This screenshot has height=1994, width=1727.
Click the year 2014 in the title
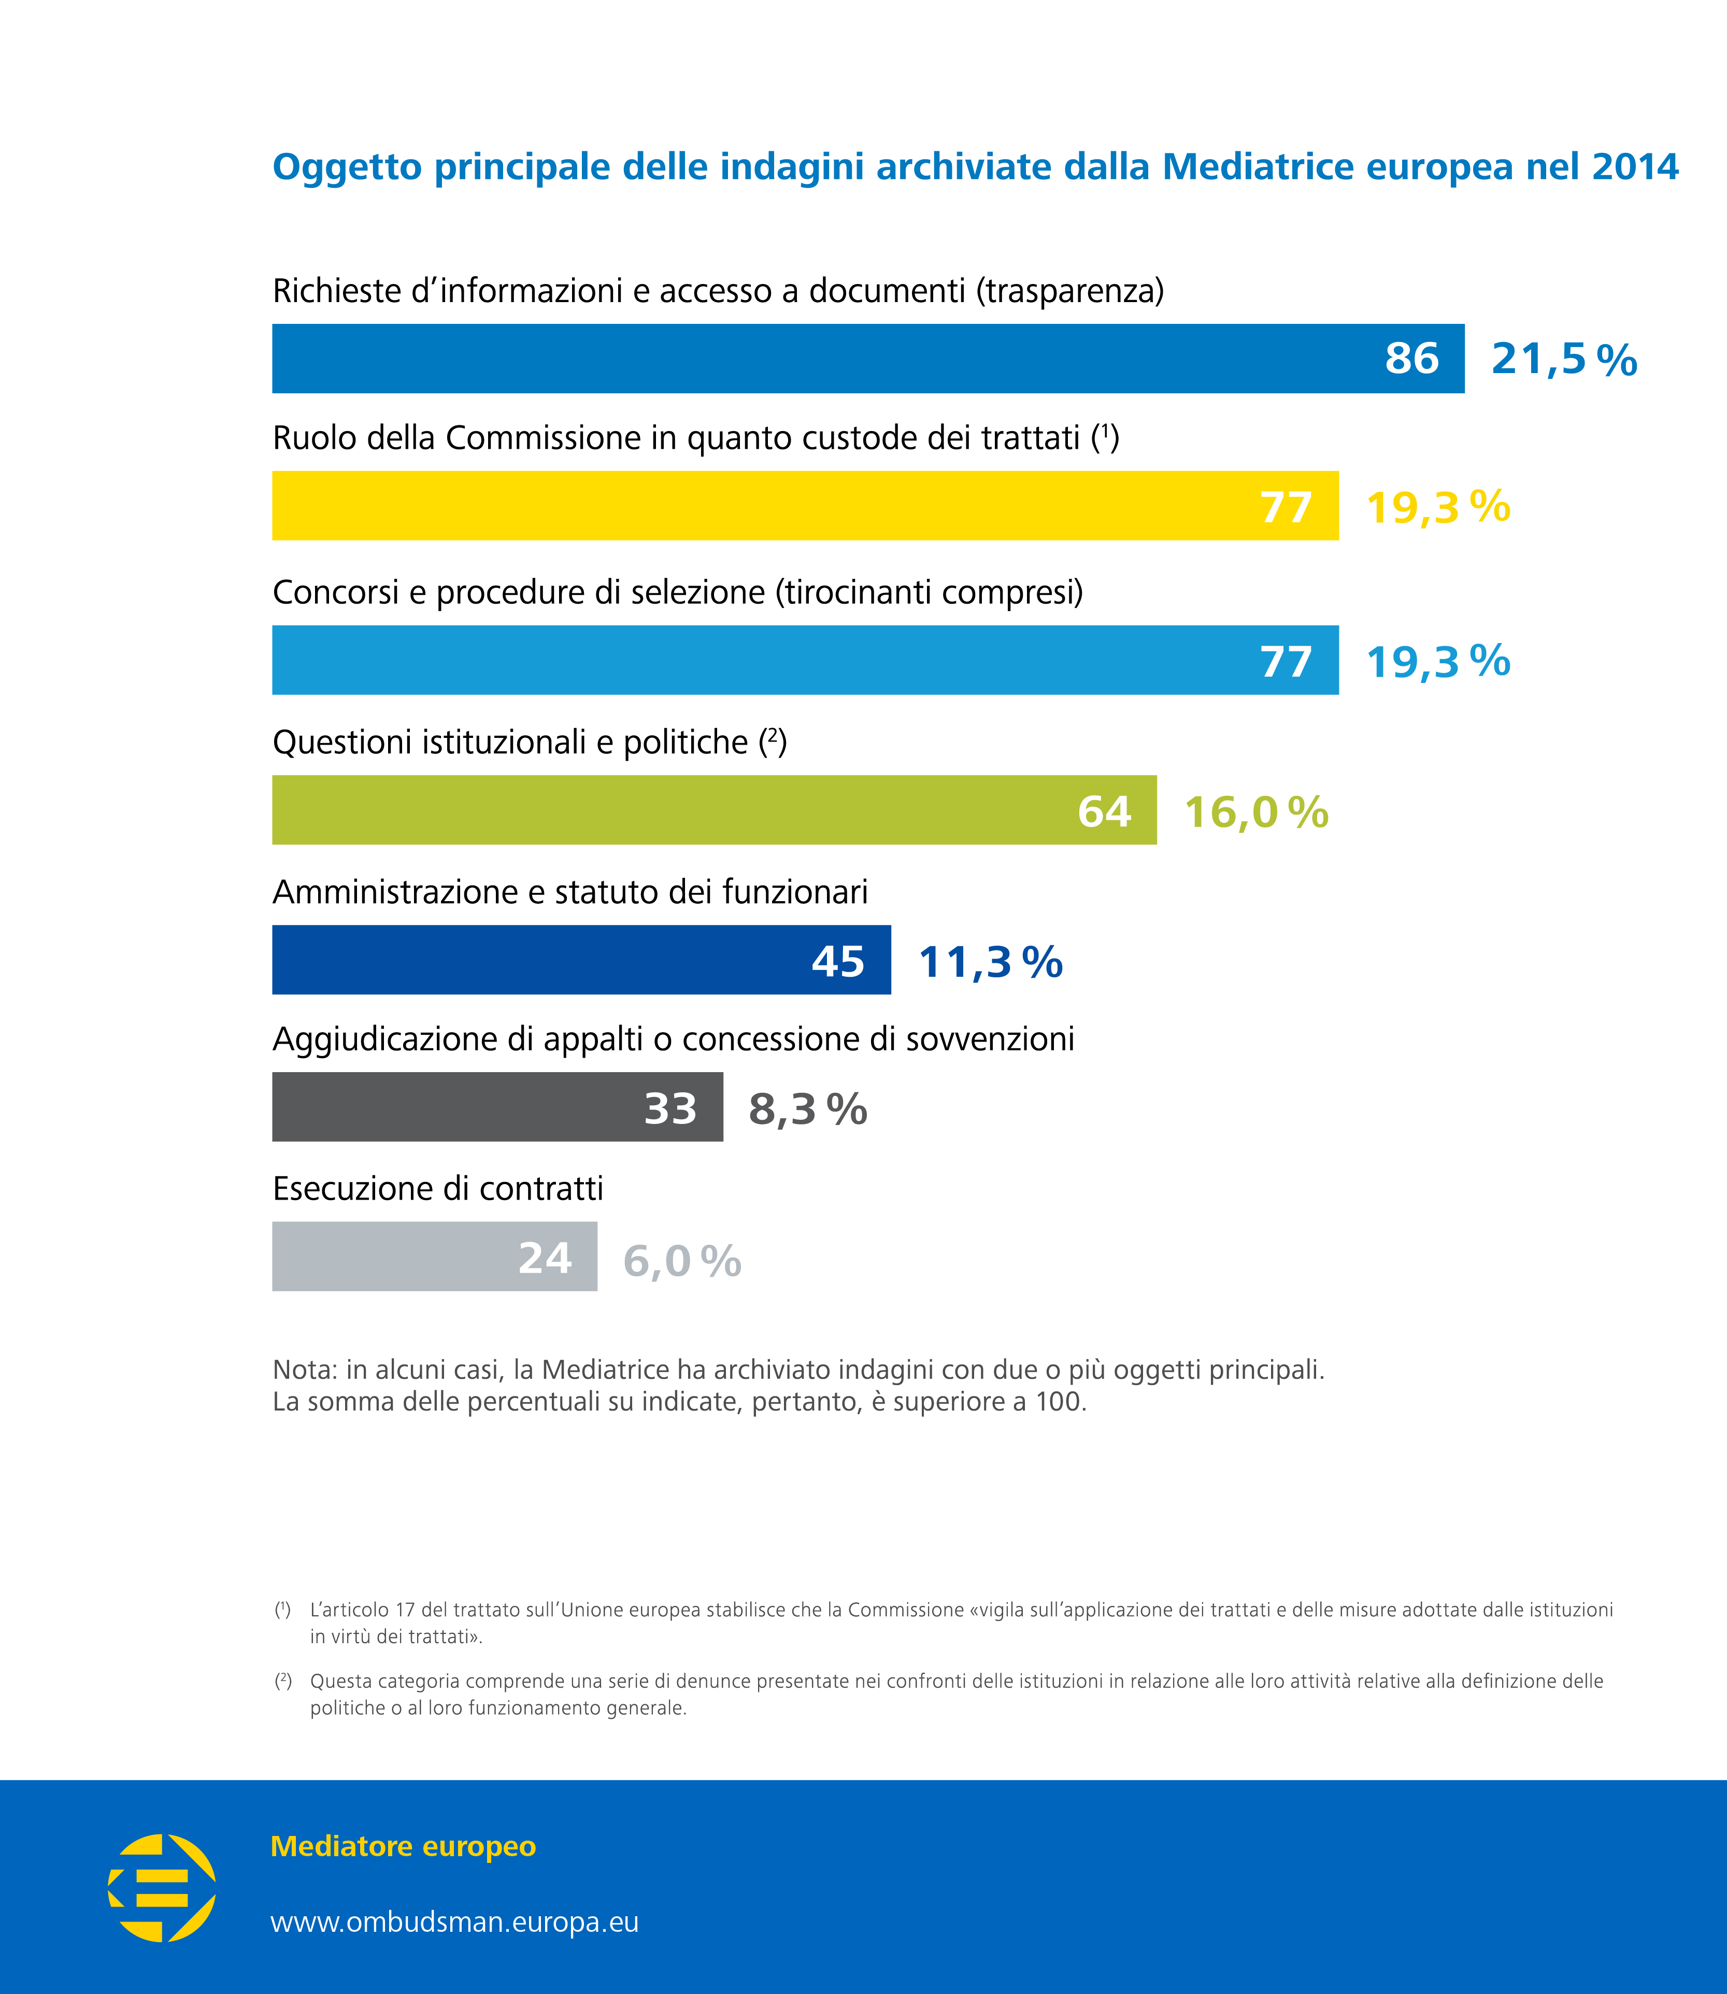pyautogui.click(x=1635, y=167)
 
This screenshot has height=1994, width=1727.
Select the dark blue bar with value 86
pyautogui.click(x=867, y=359)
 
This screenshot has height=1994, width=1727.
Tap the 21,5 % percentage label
pyautogui.click(x=1563, y=360)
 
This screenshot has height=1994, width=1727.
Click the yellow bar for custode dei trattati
pyautogui.click(x=805, y=506)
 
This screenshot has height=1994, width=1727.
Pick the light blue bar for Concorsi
pyautogui.click(x=805, y=660)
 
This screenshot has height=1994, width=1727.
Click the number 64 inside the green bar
pyautogui.click(x=1104, y=811)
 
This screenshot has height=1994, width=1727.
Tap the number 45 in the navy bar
pyautogui.click(x=837, y=961)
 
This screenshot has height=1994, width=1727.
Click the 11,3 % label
pyautogui.click(x=990, y=962)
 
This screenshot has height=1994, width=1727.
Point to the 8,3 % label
pyautogui.click(x=808, y=1109)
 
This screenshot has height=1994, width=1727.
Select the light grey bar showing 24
pyautogui.click(x=434, y=1257)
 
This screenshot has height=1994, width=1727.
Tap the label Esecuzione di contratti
pyautogui.click(x=437, y=1188)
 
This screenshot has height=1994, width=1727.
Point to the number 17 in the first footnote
pyautogui.click(x=405, y=1610)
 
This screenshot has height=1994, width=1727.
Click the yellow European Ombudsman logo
pyautogui.click(x=162, y=1887)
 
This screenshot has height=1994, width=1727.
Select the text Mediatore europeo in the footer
pyautogui.click(x=403, y=1846)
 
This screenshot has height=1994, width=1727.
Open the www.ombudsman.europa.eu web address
pyautogui.click(x=454, y=1922)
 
